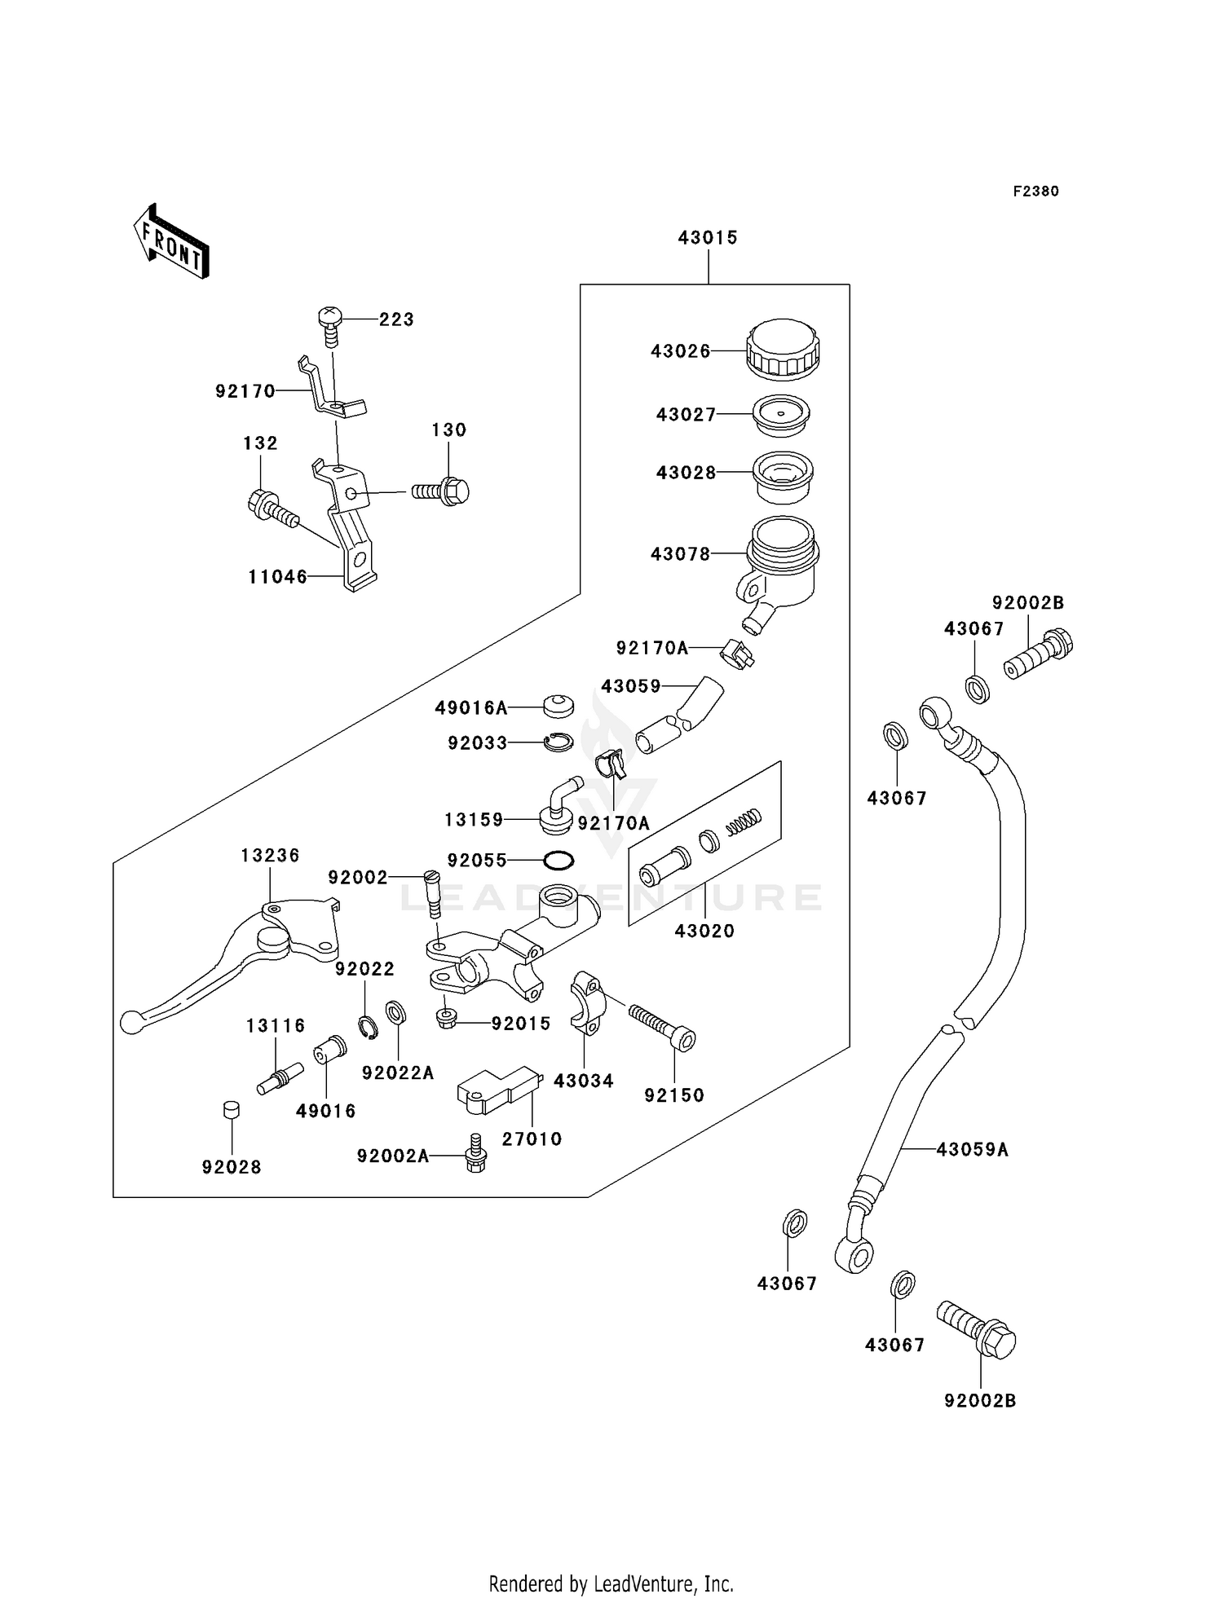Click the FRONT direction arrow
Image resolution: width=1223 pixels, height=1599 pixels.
[x=172, y=242]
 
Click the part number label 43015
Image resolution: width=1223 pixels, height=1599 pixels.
[x=707, y=237]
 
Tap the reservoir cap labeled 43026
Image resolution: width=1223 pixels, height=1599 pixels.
[x=783, y=349]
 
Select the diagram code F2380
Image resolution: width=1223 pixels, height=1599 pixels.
[x=1035, y=192]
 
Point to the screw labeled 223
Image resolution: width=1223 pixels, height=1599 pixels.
[x=330, y=324]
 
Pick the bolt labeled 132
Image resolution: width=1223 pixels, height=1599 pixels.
[x=272, y=509]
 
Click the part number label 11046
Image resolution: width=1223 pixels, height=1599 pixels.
[x=278, y=577]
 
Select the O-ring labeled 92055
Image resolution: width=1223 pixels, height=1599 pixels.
[x=559, y=860]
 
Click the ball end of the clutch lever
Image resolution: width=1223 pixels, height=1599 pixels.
[x=130, y=1022]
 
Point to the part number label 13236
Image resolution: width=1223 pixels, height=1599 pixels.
[x=270, y=855]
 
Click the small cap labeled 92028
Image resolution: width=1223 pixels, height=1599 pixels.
[x=232, y=1110]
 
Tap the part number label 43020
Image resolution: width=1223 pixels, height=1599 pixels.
[x=704, y=931]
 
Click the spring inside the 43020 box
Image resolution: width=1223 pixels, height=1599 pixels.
[x=743, y=822]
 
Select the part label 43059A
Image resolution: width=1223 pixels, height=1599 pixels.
[x=972, y=1150]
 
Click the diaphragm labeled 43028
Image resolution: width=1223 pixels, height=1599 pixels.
[x=783, y=477]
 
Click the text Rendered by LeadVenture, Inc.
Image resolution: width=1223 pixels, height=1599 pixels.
[x=611, y=1584]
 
